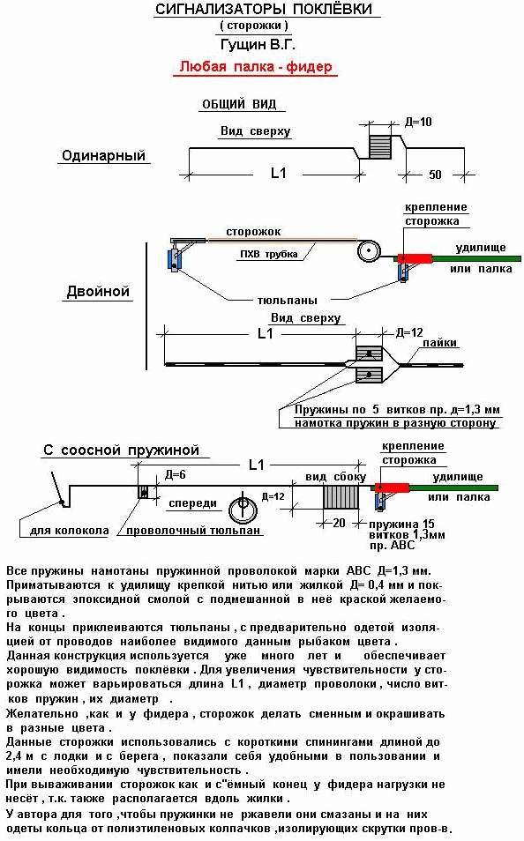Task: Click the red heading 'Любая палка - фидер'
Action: pos(256,66)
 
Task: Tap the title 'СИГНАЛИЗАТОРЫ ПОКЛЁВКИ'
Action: pos(264,9)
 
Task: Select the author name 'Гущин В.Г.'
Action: pos(258,44)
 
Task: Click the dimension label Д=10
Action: pos(418,122)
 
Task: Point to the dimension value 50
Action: pos(435,175)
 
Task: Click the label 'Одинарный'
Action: pos(103,155)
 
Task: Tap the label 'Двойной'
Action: pos(98,291)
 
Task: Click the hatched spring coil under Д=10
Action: pos(380,146)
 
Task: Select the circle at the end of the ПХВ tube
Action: pos(369,251)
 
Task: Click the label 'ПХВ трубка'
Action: pos(268,254)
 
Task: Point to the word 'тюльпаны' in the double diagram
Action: pos(288,301)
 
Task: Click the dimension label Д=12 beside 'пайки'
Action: pos(409,332)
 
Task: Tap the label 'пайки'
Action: pos(439,343)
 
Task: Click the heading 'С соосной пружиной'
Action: pos(122,450)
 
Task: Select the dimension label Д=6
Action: pos(175,474)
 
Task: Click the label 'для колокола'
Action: pos(70,531)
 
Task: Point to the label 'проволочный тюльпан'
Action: pos(193,531)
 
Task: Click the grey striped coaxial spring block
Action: pos(341,497)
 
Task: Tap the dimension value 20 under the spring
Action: pos(340,523)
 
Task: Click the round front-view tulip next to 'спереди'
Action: pos(243,510)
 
